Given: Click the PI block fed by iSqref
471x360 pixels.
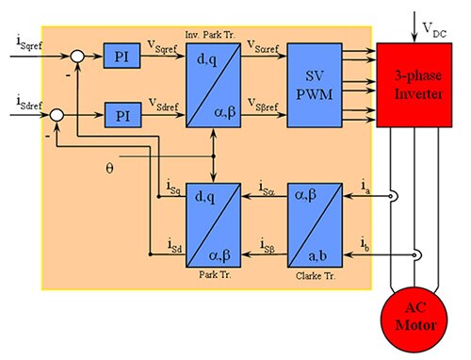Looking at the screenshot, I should coord(122,58).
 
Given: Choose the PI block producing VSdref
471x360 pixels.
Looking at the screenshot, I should coord(122,115).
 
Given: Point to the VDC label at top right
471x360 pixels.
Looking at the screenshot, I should coord(430,17).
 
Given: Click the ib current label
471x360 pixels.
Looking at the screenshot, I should coord(365,246).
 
